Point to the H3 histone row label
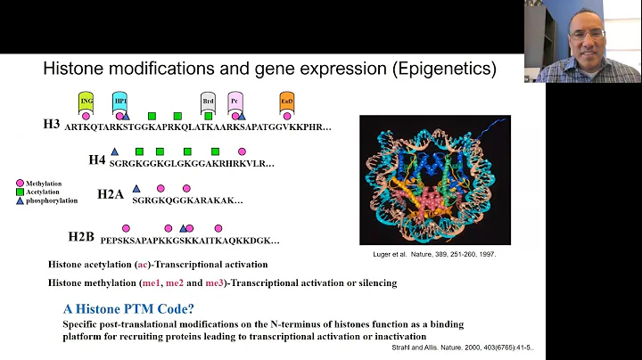point(51,124)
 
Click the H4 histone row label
point(96,160)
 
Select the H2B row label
point(83,237)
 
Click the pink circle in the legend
point(21,182)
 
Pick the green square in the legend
point(21,190)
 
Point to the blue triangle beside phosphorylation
point(21,199)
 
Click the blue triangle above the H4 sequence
point(114,152)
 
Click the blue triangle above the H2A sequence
point(136,188)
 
